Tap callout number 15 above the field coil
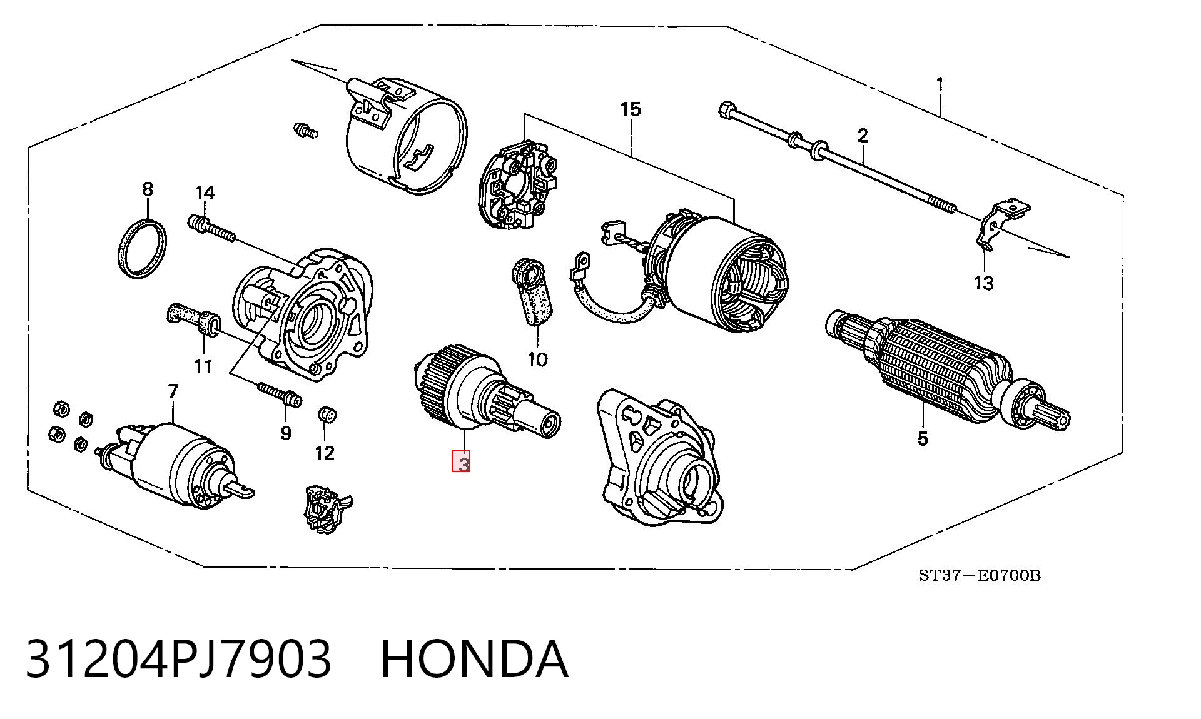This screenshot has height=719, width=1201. click(x=631, y=109)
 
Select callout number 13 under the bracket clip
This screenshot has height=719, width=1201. click(x=983, y=283)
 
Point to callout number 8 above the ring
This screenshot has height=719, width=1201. click(x=148, y=188)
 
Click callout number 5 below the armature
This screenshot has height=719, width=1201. click(x=923, y=438)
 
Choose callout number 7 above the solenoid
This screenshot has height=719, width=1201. click(x=173, y=391)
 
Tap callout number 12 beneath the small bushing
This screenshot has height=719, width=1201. click(x=325, y=452)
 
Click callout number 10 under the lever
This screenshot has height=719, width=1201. click(x=537, y=359)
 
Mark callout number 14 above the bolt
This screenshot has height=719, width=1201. click(x=205, y=193)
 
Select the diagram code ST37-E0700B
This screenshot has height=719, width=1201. click(x=980, y=575)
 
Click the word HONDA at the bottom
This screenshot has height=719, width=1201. click(x=474, y=659)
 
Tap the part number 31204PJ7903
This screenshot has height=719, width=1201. click(x=178, y=659)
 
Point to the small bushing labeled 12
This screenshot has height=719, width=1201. click(x=327, y=414)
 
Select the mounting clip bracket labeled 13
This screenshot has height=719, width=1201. click(x=1000, y=223)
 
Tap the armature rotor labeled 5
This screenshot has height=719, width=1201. click(x=945, y=366)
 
